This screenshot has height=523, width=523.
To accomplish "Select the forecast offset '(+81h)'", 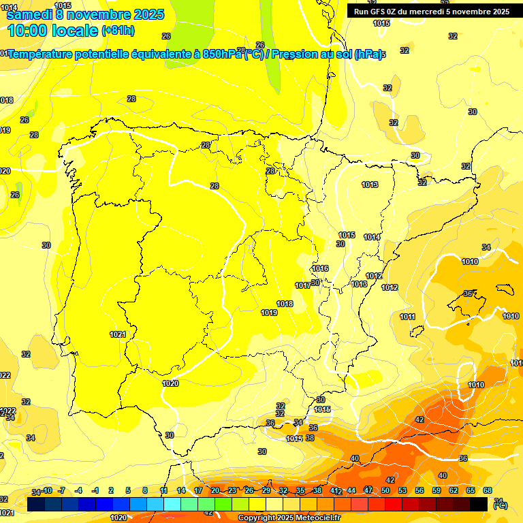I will pyautogui.click(x=118, y=31).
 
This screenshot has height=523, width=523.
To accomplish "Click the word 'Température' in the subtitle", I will pyautogui.click(x=43, y=54).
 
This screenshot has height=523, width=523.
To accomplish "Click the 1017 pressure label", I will pyautogui.click(x=303, y=285).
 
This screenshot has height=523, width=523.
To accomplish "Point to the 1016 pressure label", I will pyautogui.click(x=320, y=269).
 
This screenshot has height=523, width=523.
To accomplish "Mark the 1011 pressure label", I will pyautogui.click(x=407, y=317).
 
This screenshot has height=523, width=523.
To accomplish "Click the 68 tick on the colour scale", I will pyautogui.click(x=488, y=490).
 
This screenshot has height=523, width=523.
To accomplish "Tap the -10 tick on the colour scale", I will pyautogui.click(x=47, y=490).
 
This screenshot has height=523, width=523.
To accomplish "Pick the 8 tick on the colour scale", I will pyautogui.click(x=144, y=490).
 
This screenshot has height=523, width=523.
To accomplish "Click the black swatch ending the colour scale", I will pyautogui.click(x=479, y=504).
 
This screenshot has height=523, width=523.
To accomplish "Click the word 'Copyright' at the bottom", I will pyautogui.click(x=259, y=518).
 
